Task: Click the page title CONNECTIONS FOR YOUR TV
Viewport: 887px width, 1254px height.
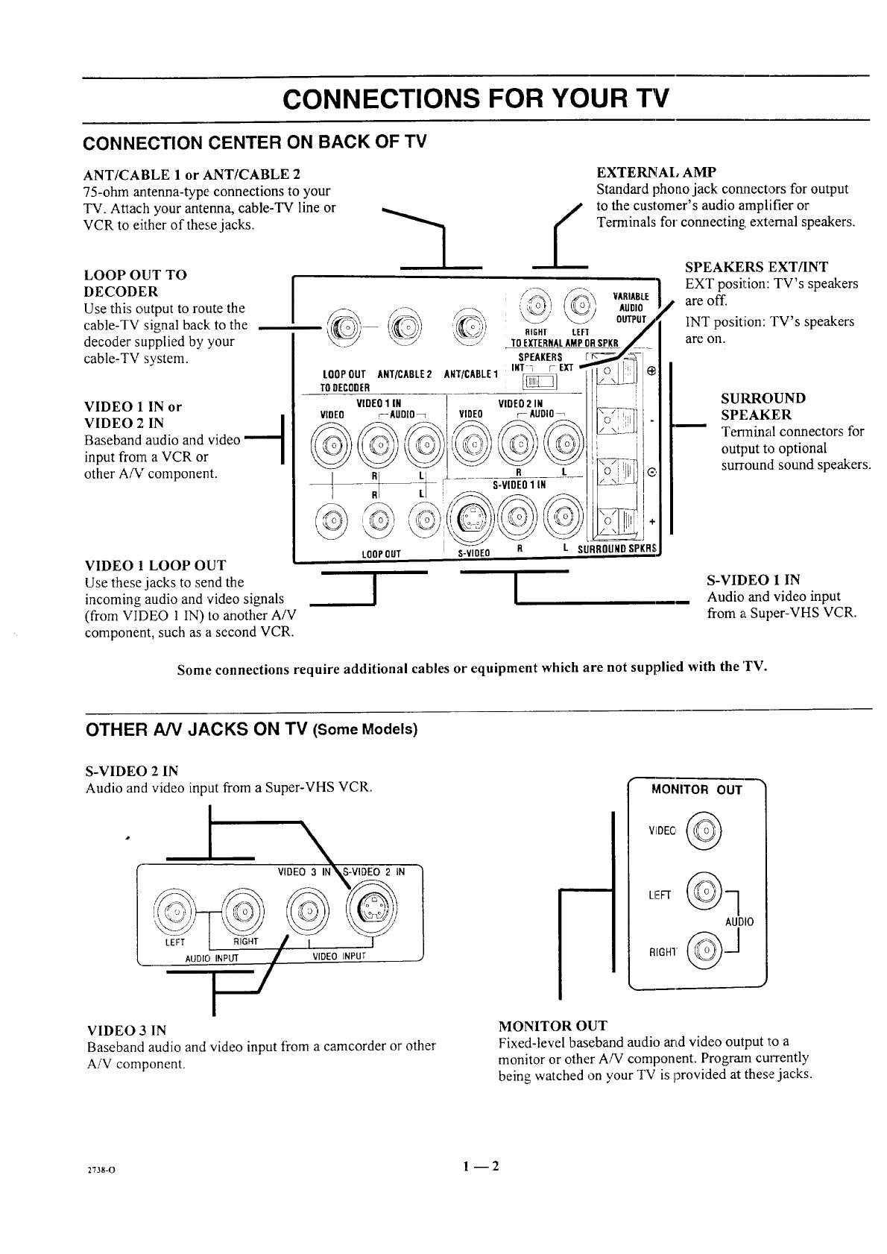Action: click(x=477, y=98)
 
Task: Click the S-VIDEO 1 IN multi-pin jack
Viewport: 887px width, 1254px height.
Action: click(x=470, y=516)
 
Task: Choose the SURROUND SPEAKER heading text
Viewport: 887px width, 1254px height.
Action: click(x=763, y=406)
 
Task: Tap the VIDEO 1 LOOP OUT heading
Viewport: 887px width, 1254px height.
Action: click(x=155, y=565)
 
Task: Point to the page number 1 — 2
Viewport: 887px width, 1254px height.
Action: click(x=477, y=1165)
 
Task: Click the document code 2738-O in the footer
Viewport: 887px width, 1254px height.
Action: click(x=100, y=1168)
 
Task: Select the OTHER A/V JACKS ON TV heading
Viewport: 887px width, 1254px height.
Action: click(x=251, y=728)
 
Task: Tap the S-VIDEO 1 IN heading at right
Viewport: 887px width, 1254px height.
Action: click(x=754, y=579)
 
